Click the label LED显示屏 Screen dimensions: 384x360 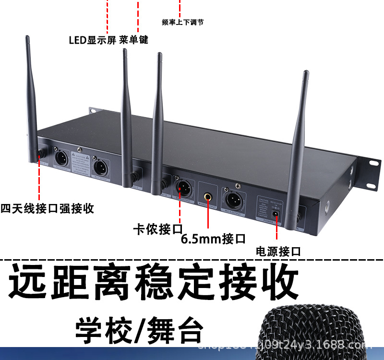92,40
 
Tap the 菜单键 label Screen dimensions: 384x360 133,40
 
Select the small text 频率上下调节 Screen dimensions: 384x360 183,22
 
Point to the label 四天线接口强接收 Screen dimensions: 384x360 47,209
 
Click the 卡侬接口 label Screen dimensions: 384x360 158,228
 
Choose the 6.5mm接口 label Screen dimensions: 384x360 214,239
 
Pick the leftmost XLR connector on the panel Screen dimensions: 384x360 62,159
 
